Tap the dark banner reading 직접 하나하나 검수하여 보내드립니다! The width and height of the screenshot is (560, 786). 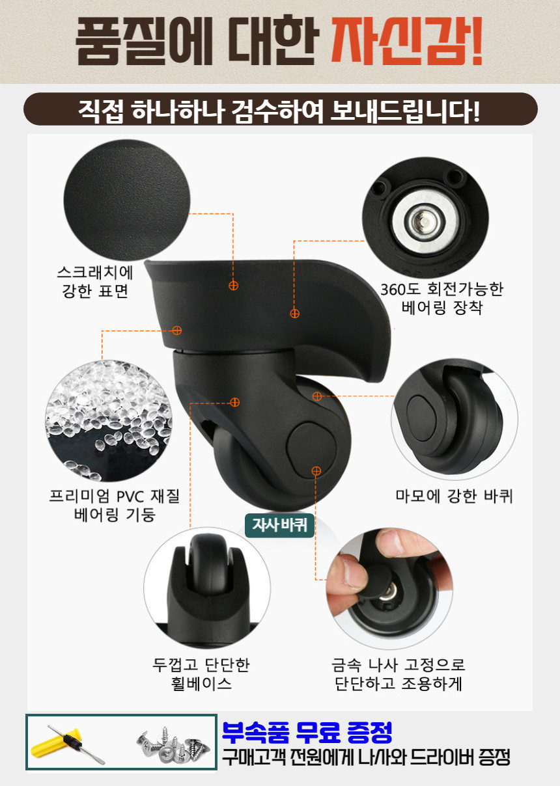(280, 109)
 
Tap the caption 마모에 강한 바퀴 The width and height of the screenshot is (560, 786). (455, 496)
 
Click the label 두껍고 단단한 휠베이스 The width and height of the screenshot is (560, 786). (201, 675)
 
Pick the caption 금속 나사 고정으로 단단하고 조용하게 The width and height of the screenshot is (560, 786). (398, 675)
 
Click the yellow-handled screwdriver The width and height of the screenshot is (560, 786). (68, 744)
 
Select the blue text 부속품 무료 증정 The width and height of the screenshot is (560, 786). (307, 733)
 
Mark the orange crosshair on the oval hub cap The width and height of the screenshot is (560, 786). (316, 470)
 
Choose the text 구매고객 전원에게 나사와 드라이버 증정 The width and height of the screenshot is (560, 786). (365, 757)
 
